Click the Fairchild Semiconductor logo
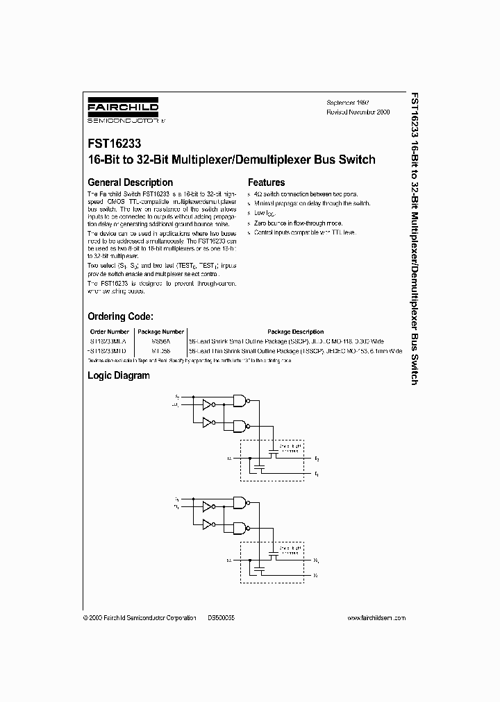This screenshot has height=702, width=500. (125, 111)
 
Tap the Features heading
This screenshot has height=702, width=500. (267, 182)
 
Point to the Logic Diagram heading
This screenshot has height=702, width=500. (118, 375)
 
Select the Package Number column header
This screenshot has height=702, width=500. (160, 332)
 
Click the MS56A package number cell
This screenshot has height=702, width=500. (160, 342)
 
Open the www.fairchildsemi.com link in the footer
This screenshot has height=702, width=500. (376, 617)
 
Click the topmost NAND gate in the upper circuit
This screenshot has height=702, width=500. (242, 400)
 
